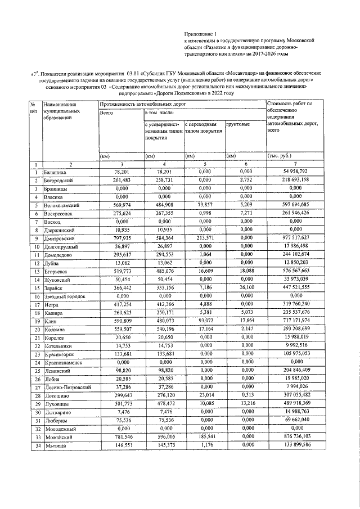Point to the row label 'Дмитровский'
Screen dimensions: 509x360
pos(59,238)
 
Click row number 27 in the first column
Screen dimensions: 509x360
pos(35,388)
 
